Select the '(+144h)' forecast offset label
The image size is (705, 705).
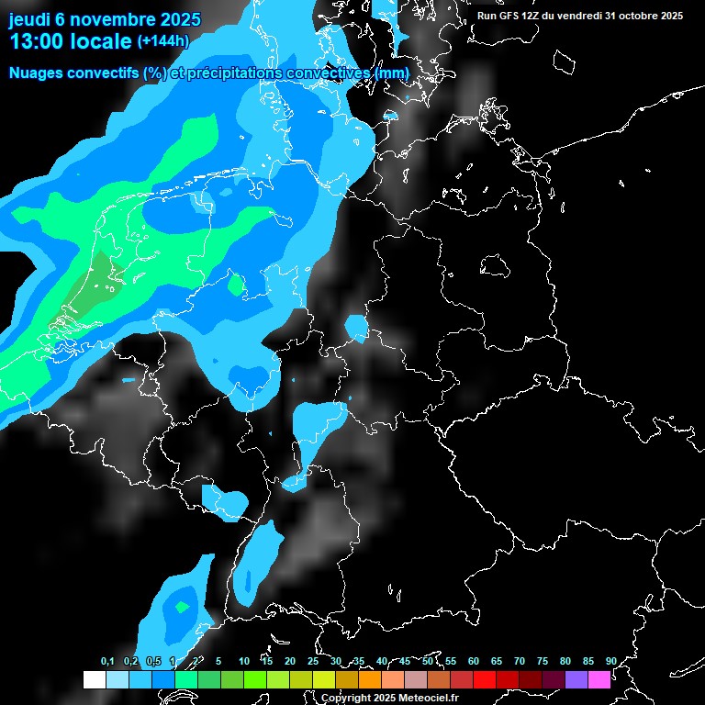162,41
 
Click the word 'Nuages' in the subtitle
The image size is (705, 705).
37,73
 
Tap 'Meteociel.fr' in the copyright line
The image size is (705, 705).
421,699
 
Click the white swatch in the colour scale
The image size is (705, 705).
95,679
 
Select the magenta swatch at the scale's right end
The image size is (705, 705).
599,679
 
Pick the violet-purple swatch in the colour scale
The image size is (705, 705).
576,679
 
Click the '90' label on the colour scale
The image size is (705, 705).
610,661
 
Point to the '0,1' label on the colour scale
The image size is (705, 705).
107,661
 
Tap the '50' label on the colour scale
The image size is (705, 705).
428,661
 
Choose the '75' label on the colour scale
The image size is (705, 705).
543,661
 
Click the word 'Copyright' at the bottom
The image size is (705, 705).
345,699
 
